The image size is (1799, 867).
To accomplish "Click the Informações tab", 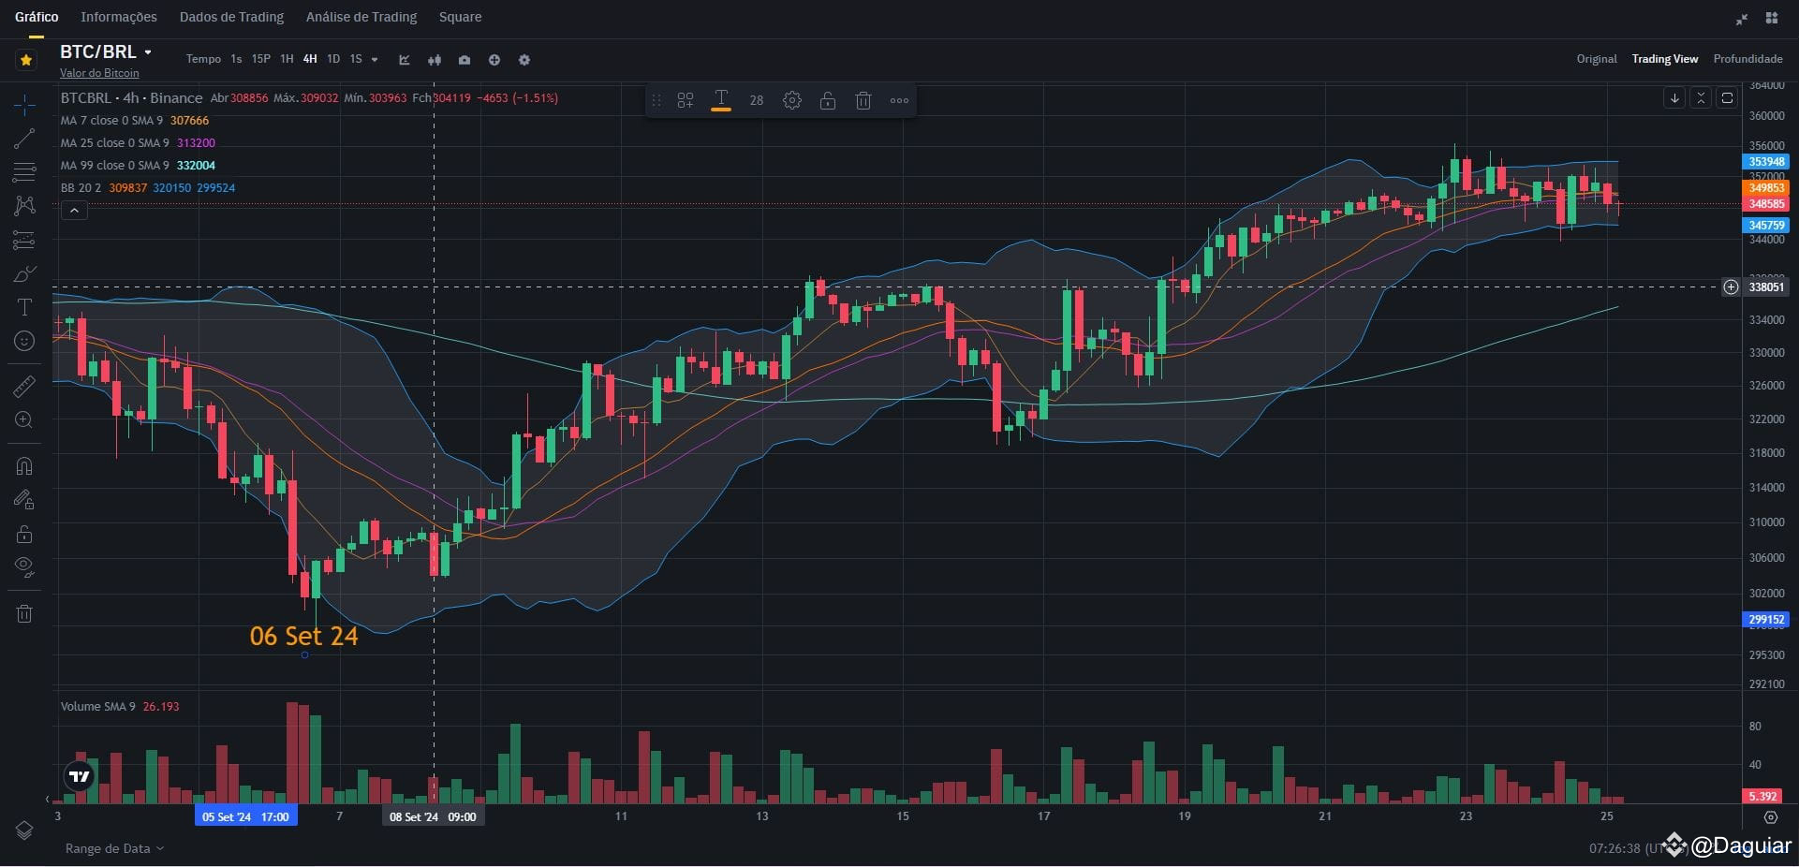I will pyautogui.click(x=119, y=17).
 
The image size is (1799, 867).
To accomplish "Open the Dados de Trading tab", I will pyautogui.click(x=231, y=17).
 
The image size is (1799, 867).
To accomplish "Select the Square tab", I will pyautogui.click(x=460, y=17).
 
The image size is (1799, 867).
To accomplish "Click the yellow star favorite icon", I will pyautogui.click(x=26, y=60).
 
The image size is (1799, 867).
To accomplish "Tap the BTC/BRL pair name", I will pyautogui.click(x=98, y=52).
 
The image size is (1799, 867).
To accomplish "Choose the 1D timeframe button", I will pyautogui.click(x=332, y=59).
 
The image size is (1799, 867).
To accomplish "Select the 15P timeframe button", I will pyautogui.click(x=261, y=59).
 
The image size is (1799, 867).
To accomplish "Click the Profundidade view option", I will pyautogui.click(x=1747, y=59).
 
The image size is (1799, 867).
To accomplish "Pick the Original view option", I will pyautogui.click(x=1596, y=59).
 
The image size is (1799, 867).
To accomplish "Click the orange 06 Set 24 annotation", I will pyautogui.click(x=303, y=637).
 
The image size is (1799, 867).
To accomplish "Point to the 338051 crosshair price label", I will pyautogui.click(x=1766, y=287).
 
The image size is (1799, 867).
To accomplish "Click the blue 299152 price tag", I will pyautogui.click(x=1766, y=619).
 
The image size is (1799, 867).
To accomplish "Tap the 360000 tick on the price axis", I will pyautogui.click(x=1766, y=116).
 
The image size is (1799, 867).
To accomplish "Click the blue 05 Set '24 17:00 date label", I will pyautogui.click(x=245, y=816).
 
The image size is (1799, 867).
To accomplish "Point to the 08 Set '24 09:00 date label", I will pyautogui.click(x=433, y=816).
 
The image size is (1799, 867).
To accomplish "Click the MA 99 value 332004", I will pyautogui.click(x=196, y=166).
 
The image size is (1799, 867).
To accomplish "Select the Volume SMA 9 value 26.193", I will pyautogui.click(x=161, y=707).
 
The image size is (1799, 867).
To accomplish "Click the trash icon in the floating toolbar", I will pyautogui.click(x=863, y=100).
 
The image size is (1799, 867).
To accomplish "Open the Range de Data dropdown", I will pyautogui.click(x=114, y=848).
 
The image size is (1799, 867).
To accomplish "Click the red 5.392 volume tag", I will pyautogui.click(x=1762, y=796).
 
